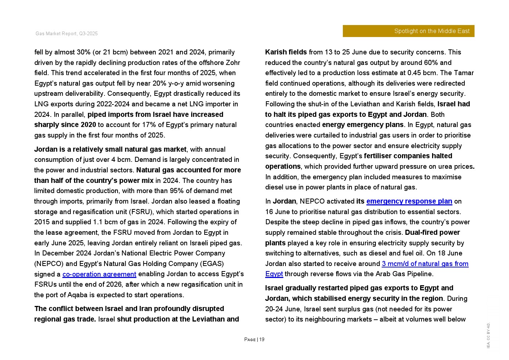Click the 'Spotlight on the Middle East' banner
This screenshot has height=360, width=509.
point(408,31)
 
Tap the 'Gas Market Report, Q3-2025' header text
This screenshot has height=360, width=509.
point(66,34)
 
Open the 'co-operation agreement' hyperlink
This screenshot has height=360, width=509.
point(99,274)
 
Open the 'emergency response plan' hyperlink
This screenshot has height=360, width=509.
point(409,201)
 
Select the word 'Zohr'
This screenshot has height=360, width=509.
point(233,63)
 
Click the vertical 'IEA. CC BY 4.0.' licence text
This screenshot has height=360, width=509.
point(488,336)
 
